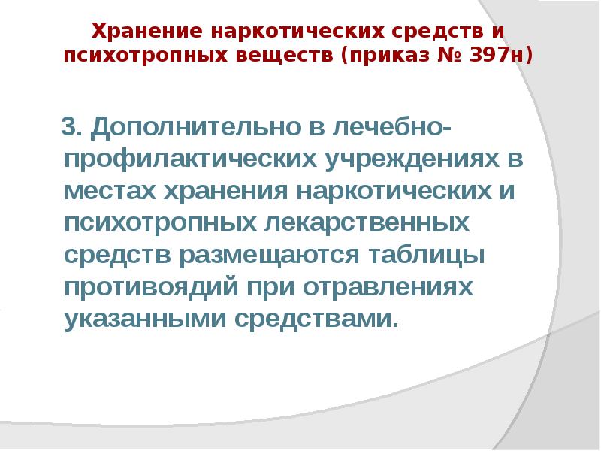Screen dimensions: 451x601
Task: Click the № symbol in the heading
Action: tap(448, 56)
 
